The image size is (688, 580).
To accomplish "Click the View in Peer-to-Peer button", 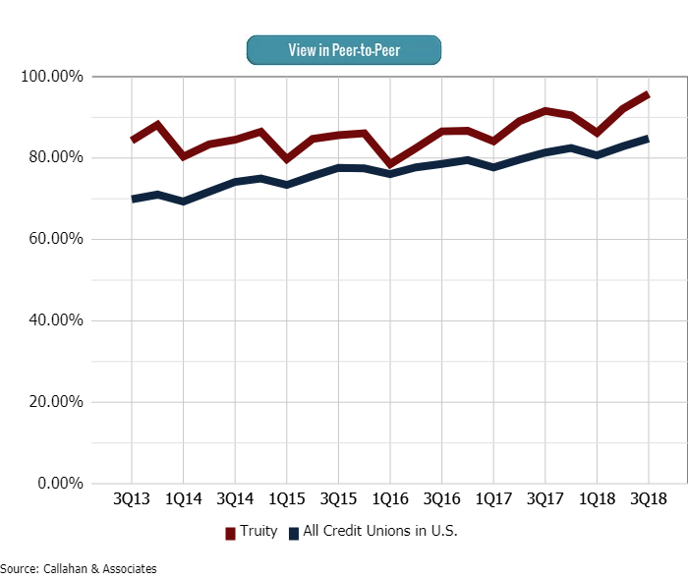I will (x=343, y=49).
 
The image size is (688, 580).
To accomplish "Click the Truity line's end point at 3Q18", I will (x=648, y=94).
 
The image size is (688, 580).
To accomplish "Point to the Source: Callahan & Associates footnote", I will (x=79, y=569).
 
